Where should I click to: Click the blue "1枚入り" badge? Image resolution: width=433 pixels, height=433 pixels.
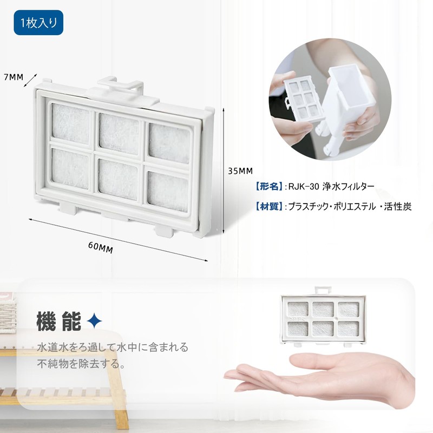[38, 23]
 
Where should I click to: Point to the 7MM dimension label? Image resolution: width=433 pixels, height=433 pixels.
[14, 76]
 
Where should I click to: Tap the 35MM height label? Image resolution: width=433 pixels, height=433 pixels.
[240, 170]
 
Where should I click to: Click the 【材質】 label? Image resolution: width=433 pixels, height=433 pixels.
[268, 206]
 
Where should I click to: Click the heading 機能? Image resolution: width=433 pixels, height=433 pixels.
[57, 322]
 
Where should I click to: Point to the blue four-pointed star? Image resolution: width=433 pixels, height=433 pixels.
[95, 322]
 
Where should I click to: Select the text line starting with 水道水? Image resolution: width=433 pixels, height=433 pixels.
[113, 347]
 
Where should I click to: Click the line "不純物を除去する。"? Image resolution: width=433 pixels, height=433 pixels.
[81, 363]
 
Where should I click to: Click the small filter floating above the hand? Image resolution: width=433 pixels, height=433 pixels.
[322, 318]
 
